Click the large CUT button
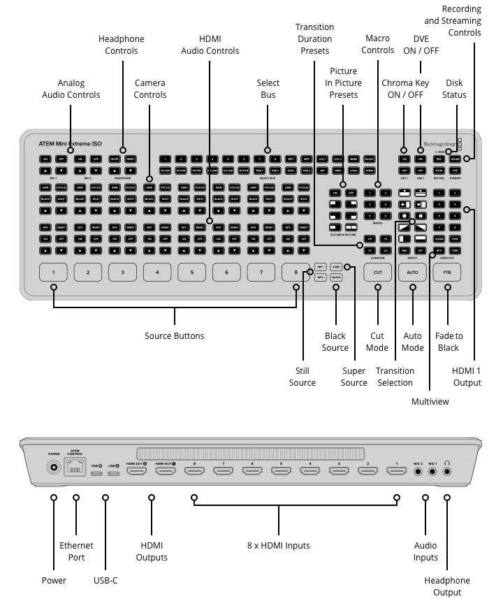pyautogui.click(x=378, y=271)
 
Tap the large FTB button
pyautogui.click(x=447, y=271)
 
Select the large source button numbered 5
pyautogui.click(x=191, y=271)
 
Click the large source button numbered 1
pyautogui.click(x=53, y=271)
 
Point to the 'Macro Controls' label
pyautogui.click(x=378, y=45)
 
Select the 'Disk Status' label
pyautogui.click(x=454, y=89)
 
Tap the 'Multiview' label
pyautogui.click(x=430, y=402)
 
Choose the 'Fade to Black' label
pyautogui.click(x=448, y=342)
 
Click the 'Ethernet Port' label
pyautogui.click(x=76, y=551)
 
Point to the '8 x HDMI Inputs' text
pyautogui.click(x=279, y=545)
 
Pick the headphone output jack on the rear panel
pyautogui.click(x=447, y=471)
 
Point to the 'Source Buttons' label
pyautogui.click(x=175, y=336)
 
